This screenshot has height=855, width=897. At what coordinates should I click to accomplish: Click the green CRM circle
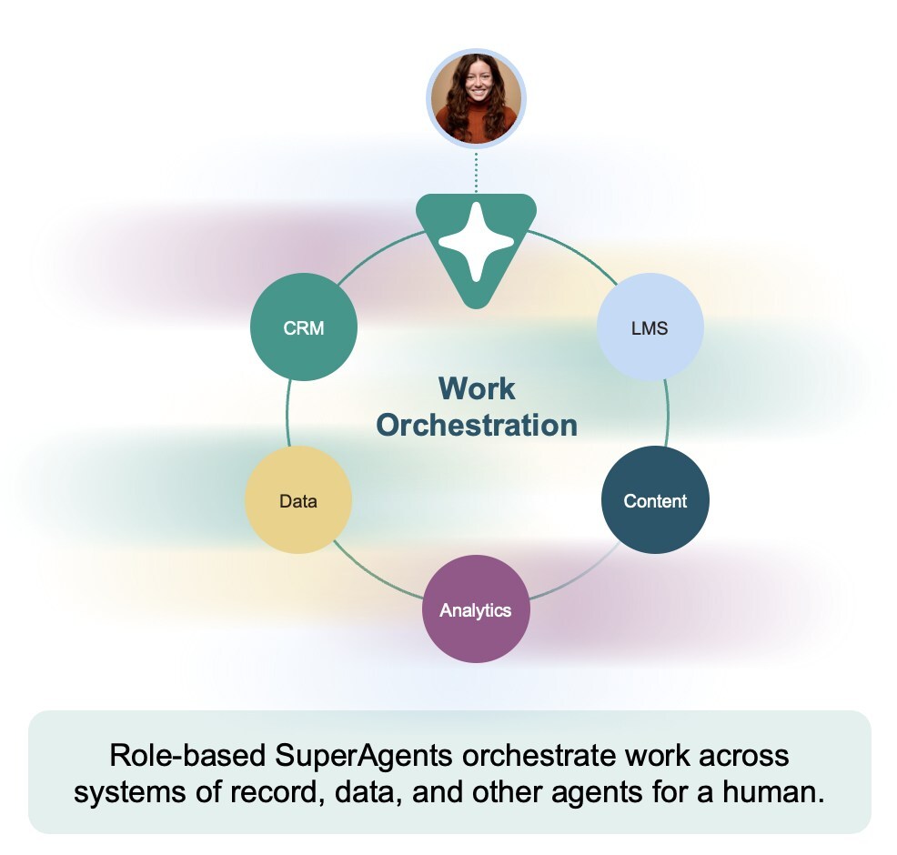pos(303,327)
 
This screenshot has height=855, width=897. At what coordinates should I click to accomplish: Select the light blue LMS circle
pos(649,327)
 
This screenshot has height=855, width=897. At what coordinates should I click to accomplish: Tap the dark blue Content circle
pos(655,500)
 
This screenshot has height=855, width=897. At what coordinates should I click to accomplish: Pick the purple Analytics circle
pos(476,609)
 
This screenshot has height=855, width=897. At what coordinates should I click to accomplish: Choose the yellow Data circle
pos(298,500)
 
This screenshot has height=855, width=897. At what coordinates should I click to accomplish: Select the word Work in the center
pos(476,389)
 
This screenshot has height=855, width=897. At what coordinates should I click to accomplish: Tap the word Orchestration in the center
pos(477,425)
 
